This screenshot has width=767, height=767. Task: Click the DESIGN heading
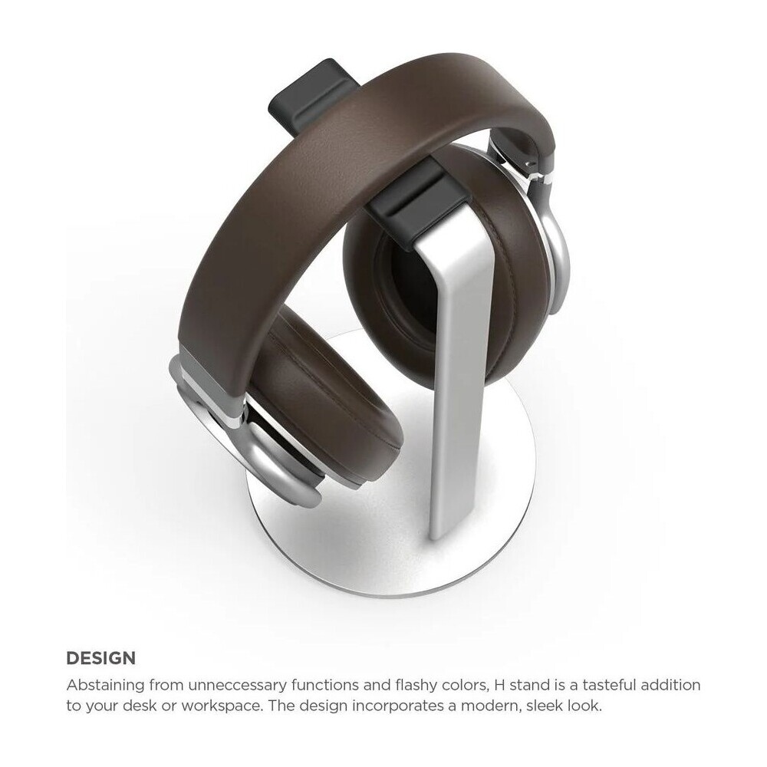point(100,658)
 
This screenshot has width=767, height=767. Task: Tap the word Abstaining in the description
point(104,685)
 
